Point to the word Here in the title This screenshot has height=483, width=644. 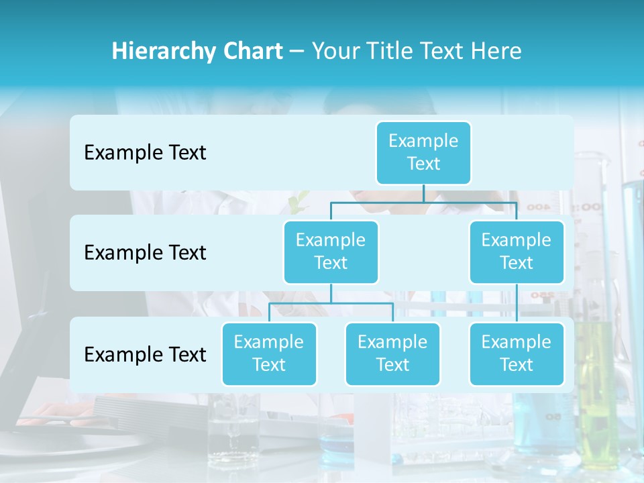(496, 52)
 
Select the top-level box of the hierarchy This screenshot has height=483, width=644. (423, 152)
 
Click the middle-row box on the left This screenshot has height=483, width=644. (331, 252)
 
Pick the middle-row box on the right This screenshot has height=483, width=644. (517, 252)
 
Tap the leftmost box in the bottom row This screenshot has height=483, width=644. (269, 354)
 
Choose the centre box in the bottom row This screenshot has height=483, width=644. (392, 354)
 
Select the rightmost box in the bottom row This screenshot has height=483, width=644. (517, 354)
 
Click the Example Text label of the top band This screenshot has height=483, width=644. (145, 153)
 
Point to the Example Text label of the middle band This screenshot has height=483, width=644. (145, 253)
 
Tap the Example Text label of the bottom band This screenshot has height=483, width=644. (145, 354)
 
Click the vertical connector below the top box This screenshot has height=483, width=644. (423, 193)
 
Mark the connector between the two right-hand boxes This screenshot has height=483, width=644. (517, 303)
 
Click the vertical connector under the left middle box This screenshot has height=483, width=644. (331, 294)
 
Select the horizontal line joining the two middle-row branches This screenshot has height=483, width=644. (423, 202)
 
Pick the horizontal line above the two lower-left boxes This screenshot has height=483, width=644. (331, 303)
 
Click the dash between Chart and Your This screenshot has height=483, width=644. (297, 52)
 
